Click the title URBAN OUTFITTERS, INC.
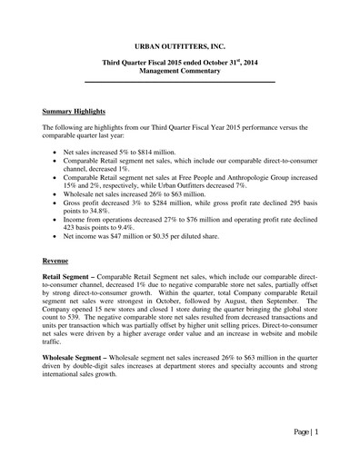[x=179, y=43]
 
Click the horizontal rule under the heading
[x=179, y=84]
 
